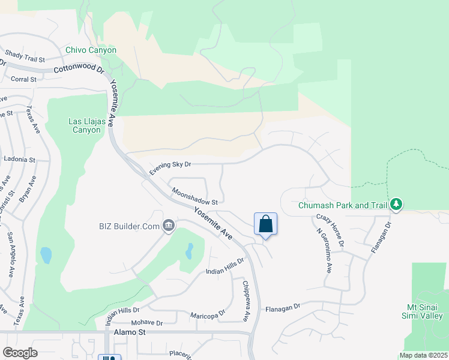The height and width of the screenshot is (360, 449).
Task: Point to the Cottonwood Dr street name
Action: (79, 70)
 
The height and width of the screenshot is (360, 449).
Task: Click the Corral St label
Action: (23, 79)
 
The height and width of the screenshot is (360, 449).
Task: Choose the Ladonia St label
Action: (20, 160)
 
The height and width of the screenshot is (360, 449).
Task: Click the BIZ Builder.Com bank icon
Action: (169, 226)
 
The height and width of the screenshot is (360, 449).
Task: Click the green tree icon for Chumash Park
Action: (396, 205)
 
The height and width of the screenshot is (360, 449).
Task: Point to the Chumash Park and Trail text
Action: (343, 205)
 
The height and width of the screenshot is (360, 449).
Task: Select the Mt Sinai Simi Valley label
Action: (424, 311)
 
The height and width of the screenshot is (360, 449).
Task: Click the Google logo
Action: (20, 353)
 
